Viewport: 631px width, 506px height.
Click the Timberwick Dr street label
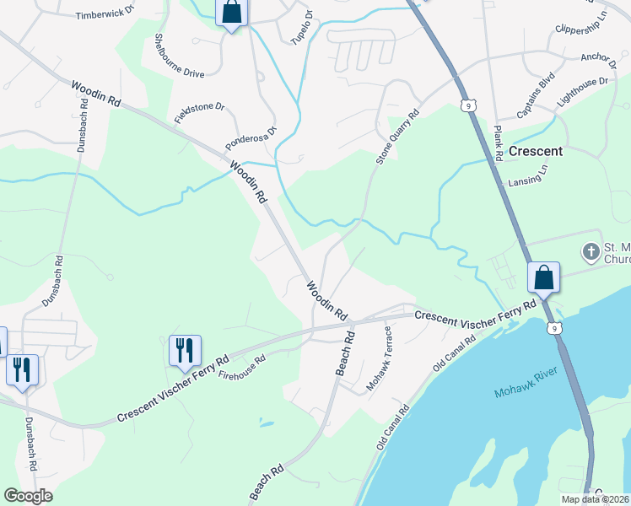tap(105, 15)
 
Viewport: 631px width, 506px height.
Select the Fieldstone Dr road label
tap(200, 112)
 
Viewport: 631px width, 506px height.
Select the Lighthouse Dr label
tap(582, 93)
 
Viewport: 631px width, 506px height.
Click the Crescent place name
tap(535, 152)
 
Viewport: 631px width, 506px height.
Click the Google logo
tap(28, 496)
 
